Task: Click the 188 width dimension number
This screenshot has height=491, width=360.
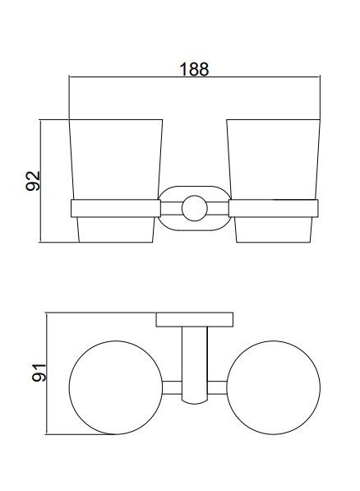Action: (194, 69)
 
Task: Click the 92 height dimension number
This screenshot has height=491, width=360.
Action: (33, 181)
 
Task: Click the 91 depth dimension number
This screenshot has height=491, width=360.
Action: (39, 373)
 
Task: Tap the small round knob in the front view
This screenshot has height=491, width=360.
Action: (195, 208)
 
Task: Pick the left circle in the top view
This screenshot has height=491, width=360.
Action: (116, 341)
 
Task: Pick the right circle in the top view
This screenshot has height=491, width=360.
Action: (273, 341)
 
